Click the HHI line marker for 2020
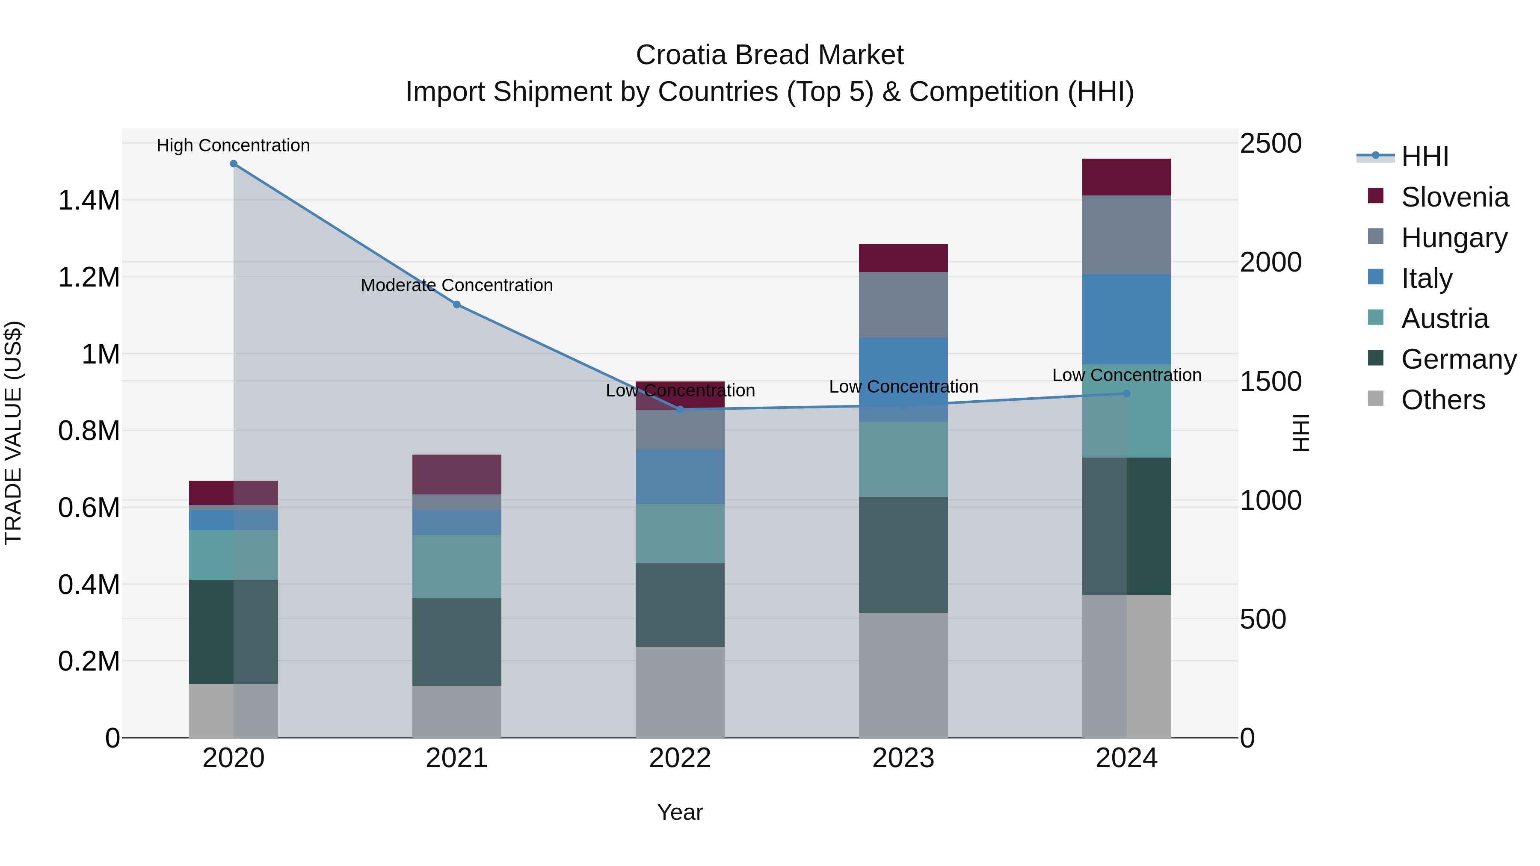coord(234,164)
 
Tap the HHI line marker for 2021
coord(457,305)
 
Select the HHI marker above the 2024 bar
coord(1127,393)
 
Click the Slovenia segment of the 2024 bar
coord(1126,177)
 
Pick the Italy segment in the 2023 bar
coord(903,379)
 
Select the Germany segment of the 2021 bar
coord(457,642)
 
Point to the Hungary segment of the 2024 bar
coord(1126,235)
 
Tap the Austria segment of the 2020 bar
coord(234,555)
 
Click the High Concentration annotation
coord(234,146)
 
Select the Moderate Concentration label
coord(457,286)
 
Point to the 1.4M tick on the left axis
coord(89,201)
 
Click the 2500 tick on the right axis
coord(1270,144)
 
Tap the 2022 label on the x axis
coord(680,758)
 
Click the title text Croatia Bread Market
coord(770,55)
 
